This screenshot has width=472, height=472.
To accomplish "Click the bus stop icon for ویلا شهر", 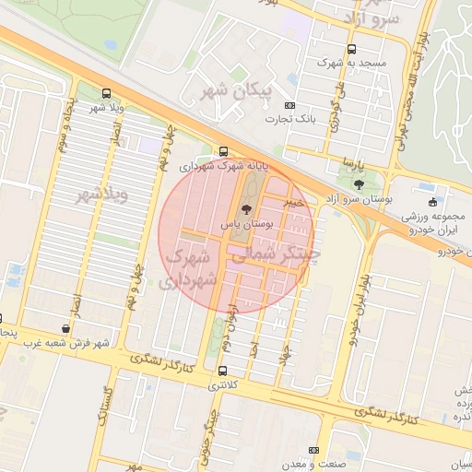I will [x=106, y=93].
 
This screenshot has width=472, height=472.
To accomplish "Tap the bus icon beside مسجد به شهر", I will [x=350, y=50].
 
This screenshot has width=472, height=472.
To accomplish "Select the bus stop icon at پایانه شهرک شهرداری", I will [x=224, y=152].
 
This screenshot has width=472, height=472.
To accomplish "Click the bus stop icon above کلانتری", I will [x=221, y=371].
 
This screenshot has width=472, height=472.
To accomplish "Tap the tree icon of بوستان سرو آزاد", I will [x=359, y=184].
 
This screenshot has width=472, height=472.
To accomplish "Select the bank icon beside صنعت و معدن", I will [x=314, y=449].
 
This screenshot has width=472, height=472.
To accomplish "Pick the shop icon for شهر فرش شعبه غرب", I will [x=65, y=328].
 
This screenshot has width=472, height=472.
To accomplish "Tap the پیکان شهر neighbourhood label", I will [x=231, y=91].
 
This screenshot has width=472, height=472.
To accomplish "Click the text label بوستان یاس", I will [x=243, y=224].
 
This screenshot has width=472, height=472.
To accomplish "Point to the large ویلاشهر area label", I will [x=101, y=195].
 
